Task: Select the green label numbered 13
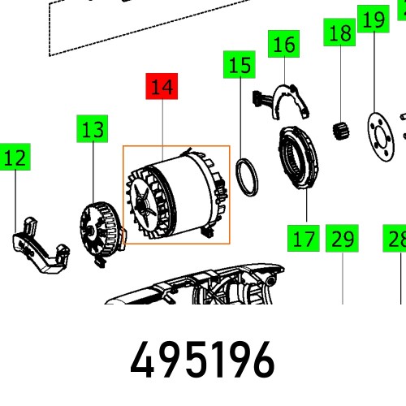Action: coord(93,129)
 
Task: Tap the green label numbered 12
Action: coord(15,158)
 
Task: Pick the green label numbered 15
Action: coord(240,64)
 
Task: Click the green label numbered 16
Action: coord(284,44)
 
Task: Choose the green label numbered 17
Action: coord(303,240)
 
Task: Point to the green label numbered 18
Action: coord(341,34)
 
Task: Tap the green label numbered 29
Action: coord(343,240)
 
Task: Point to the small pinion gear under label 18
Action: coord(341,129)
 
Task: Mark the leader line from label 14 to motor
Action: coord(163,130)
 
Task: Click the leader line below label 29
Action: coord(343,276)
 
